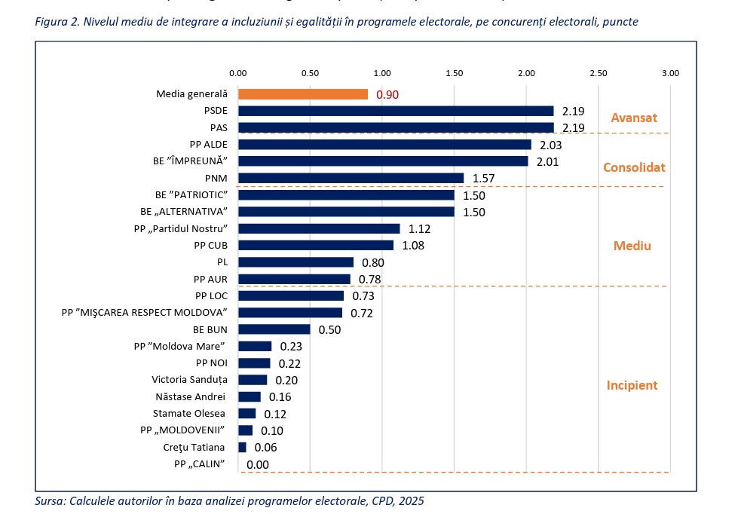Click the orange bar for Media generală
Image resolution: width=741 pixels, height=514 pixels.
(x=303, y=94)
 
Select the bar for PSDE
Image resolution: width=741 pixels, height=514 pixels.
(x=396, y=111)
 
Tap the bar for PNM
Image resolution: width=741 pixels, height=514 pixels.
(x=351, y=178)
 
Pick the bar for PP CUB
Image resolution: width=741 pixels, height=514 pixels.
(x=316, y=245)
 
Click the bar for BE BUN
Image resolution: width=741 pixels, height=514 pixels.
(x=274, y=329)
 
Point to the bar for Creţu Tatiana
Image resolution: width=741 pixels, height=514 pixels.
(x=242, y=447)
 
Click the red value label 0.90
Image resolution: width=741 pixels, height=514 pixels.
(x=387, y=95)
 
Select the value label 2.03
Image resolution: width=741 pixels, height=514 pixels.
(x=551, y=145)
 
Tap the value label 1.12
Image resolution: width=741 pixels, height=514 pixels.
(x=420, y=228)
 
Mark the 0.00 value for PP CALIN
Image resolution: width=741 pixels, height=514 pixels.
(x=258, y=464)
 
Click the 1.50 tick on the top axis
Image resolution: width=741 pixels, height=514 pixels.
(x=454, y=73)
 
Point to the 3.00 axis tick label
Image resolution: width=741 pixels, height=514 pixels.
(x=670, y=73)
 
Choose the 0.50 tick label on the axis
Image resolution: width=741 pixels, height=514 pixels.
(x=310, y=73)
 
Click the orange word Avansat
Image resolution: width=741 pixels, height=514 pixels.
(x=634, y=118)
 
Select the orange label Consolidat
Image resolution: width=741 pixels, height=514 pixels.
(x=634, y=167)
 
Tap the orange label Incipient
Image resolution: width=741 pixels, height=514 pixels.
(x=632, y=385)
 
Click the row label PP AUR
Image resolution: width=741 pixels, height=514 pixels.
(x=211, y=279)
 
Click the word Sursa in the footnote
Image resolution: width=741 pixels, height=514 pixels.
(x=50, y=500)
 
